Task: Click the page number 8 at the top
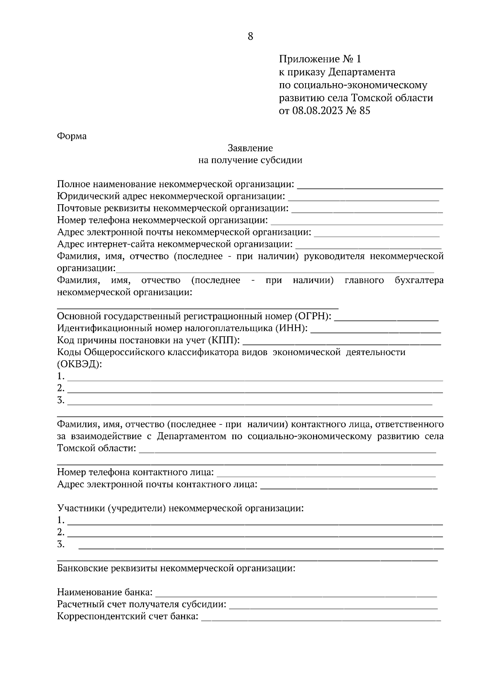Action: (251, 37)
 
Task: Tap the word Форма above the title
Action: (72, 136)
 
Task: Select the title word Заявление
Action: (250, 148)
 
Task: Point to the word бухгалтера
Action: (419, 280)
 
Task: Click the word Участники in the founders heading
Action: (82, 508)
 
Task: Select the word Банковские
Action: (82, 569)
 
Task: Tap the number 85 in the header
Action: (364, 111)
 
